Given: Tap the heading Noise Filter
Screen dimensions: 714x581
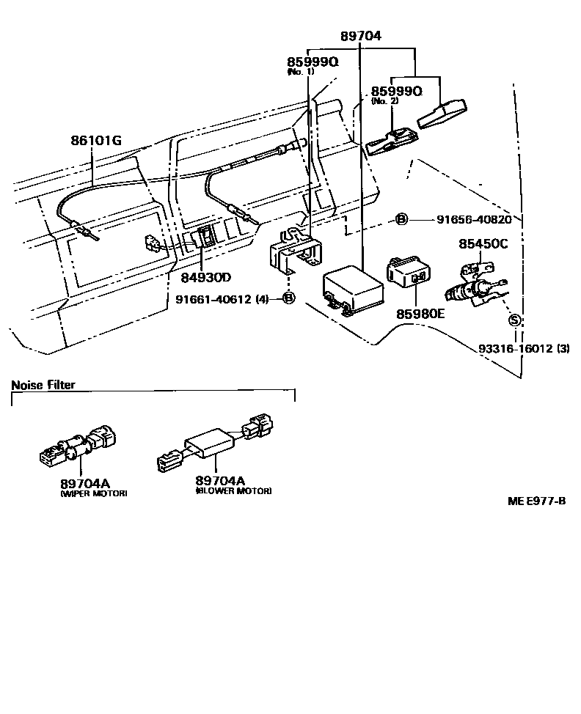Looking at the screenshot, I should point(43,385).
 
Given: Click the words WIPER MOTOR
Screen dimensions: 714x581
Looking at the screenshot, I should point(93,494).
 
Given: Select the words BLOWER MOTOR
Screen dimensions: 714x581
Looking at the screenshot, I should point(233,490).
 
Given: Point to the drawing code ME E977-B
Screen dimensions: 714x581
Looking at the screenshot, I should point(536,501).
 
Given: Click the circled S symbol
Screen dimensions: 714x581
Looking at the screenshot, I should point(515,320).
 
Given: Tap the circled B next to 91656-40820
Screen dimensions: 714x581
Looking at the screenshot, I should point(402,219).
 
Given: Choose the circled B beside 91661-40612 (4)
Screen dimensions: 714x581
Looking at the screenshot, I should point(288,298).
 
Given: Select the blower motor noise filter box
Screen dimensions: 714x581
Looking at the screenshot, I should point(211,445).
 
